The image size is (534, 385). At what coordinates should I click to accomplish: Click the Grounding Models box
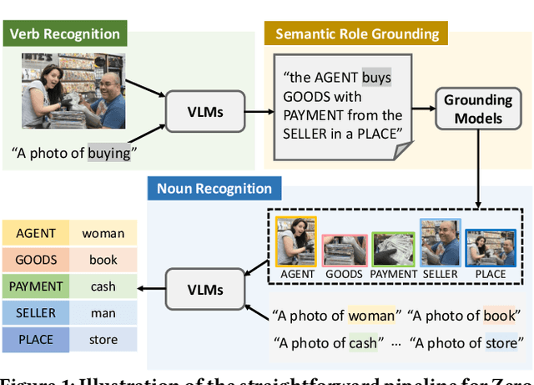(x=477, y=109)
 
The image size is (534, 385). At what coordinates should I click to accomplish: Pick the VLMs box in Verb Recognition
(x=205, y=110)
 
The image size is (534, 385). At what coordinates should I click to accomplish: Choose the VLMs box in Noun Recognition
(x=205, y=290)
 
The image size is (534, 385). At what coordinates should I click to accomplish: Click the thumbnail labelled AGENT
(x=297, y=241)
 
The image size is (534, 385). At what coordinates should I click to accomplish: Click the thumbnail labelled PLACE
(x=490, y=241)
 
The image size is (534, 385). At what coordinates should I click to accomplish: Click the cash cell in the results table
(x=103, y=286)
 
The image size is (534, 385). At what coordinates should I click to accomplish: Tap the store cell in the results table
(x=103, y=339)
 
